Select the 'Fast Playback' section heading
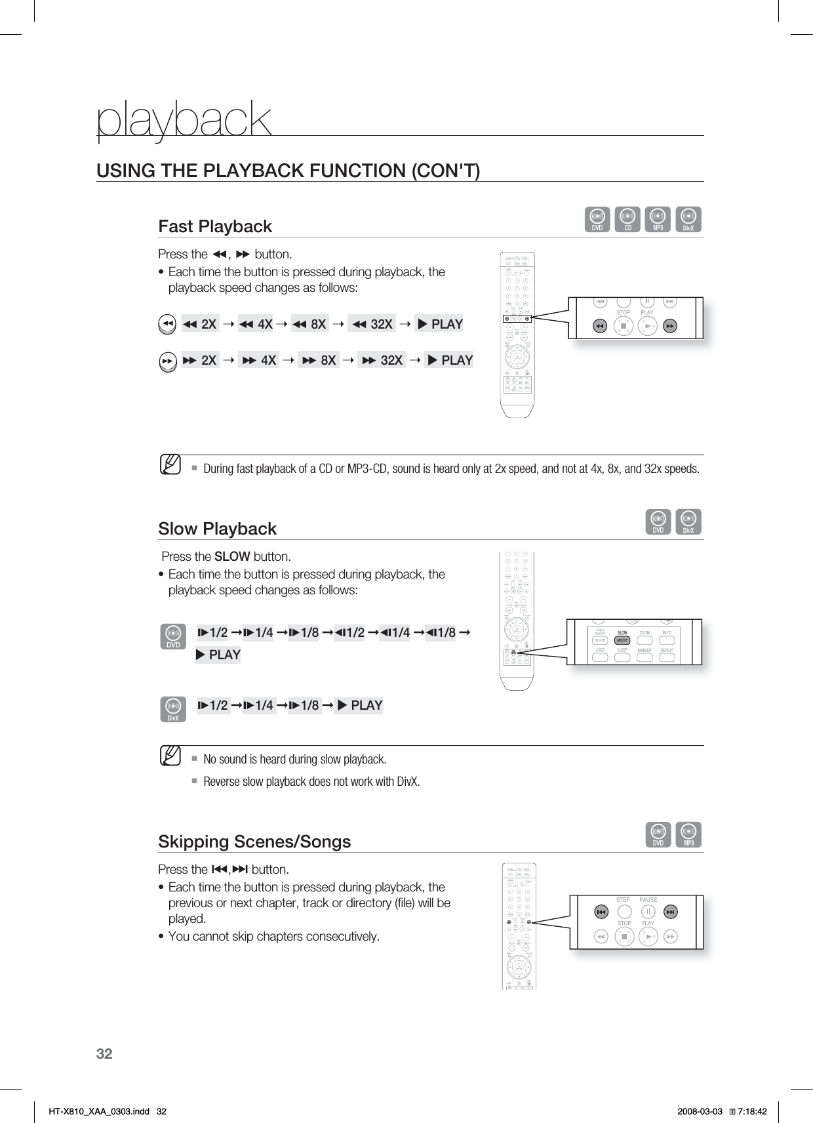tap(215, 226)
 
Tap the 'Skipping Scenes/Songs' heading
tap(254, 842)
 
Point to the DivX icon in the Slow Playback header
tap(688, 522)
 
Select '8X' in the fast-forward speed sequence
tap(321, 360)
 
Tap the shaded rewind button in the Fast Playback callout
tap(599, 325)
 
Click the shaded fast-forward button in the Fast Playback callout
tap(669, 325)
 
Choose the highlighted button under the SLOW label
tap(622, 640)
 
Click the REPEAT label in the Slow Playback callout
tap(667, 650)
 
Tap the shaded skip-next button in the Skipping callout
tap(670, 912)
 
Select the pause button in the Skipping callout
tap(648, 912)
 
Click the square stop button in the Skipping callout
tap(624, 937)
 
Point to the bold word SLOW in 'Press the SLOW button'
tap(232, 557)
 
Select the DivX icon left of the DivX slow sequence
tap(173, 709)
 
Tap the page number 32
tap(104, 1054)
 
